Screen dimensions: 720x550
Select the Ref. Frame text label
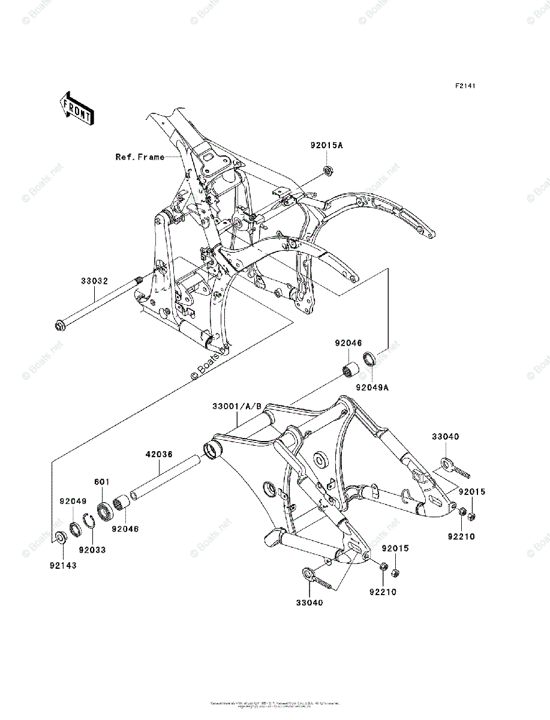[x=140, y=157]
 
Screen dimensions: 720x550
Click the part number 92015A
[x=327, y=145]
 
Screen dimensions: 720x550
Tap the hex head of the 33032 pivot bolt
[x=60, y=326]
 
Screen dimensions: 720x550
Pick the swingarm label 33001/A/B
[x=236, y=407]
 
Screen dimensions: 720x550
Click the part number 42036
[x=158, y=454]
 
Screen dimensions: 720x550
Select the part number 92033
[x=92, y=549]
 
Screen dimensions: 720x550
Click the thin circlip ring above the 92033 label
[x=89, y=521]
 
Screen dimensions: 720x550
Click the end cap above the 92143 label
[x=61, y=536]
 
